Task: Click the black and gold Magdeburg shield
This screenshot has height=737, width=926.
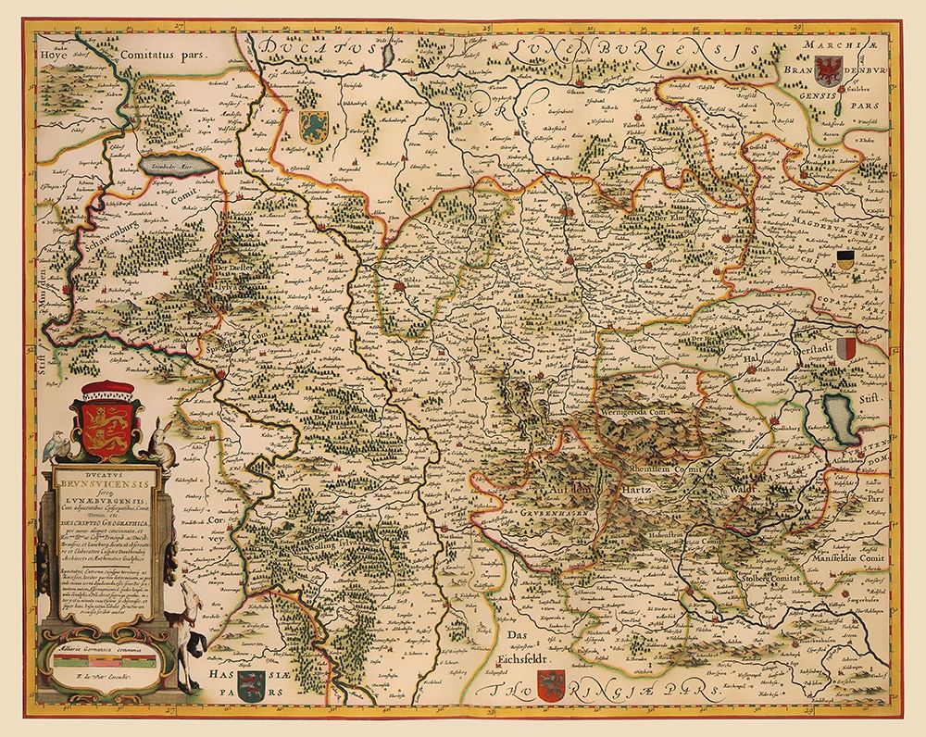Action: (845, 259)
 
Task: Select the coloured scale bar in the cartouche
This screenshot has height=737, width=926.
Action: (103, 663)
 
